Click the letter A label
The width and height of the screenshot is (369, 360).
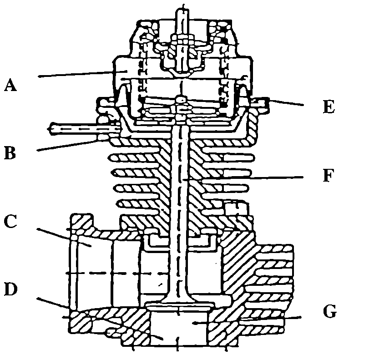point(10,85)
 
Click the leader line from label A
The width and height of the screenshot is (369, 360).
point(77,74)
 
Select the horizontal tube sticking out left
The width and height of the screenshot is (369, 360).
point(73,128)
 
